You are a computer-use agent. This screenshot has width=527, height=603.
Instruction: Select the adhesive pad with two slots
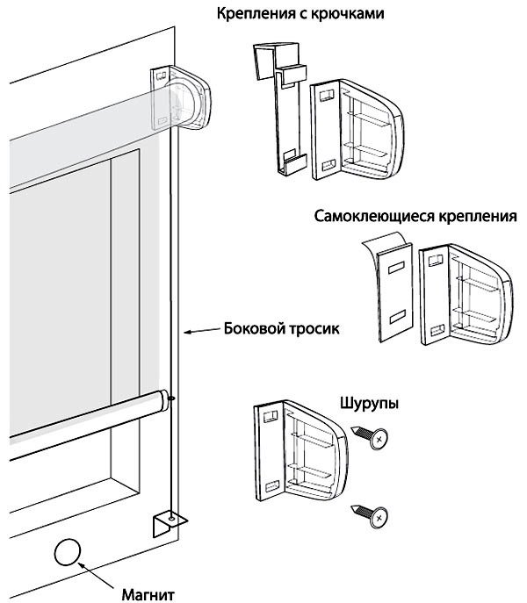point(393,294)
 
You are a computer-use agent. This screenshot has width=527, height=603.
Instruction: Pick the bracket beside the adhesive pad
point(466,293)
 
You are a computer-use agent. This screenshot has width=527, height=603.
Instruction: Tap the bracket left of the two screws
point(301,449)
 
